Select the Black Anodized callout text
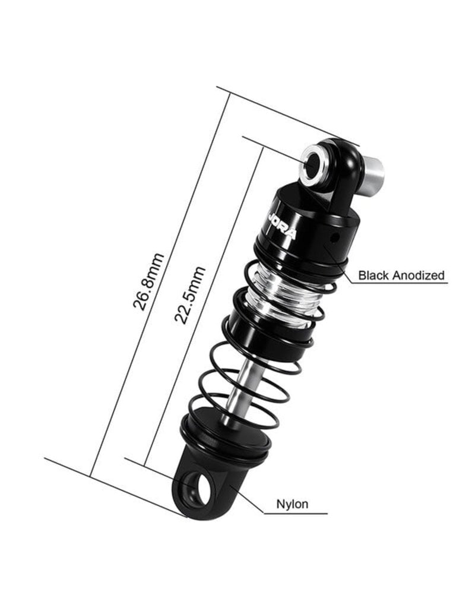[401, 275]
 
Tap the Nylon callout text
[292, 504]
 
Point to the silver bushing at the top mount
[312, 164]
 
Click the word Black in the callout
[373, 275]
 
